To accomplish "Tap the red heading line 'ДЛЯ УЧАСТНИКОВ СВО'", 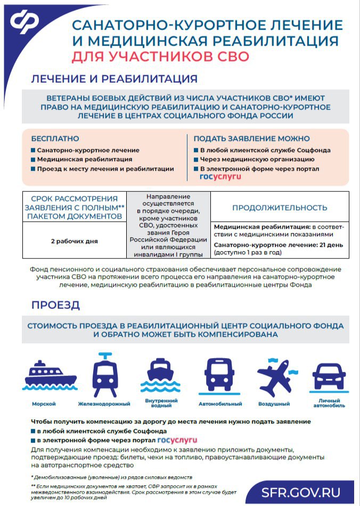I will pos(160,56).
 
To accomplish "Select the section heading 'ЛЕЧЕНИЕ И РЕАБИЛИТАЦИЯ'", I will pos(114,79).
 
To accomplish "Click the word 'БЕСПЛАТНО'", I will pos(55,138).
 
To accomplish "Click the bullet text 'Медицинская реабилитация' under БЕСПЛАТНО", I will pos(85,159).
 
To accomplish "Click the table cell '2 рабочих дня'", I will pos(74,241).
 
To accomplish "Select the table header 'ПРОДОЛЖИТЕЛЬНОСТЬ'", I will pos(279,208).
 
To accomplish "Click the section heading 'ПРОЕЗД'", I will pos(55,305).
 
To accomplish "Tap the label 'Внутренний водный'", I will pos(161,402).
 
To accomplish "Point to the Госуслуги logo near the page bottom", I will pos(177,441).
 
